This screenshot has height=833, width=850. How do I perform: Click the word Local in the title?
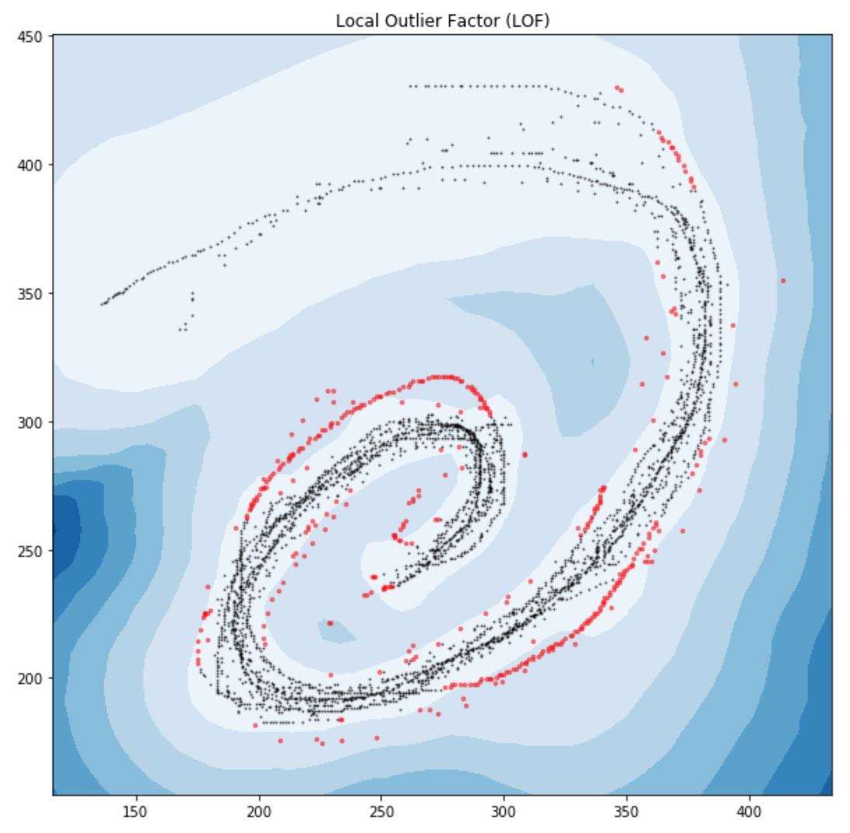coord(353,21)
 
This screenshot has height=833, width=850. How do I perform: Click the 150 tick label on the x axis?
coord(137,810)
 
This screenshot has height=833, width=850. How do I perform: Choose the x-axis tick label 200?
coord(260,810)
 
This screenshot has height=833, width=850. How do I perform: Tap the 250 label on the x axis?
coord(381,810)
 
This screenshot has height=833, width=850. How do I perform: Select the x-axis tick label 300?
coord(504,810)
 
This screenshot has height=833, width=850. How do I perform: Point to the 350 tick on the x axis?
coord(627,810)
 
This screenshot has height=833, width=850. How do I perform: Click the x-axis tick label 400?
coord(749,810)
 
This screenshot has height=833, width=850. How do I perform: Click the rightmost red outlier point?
coord(783,281)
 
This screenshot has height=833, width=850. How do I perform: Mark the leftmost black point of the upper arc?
coord(102,304)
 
